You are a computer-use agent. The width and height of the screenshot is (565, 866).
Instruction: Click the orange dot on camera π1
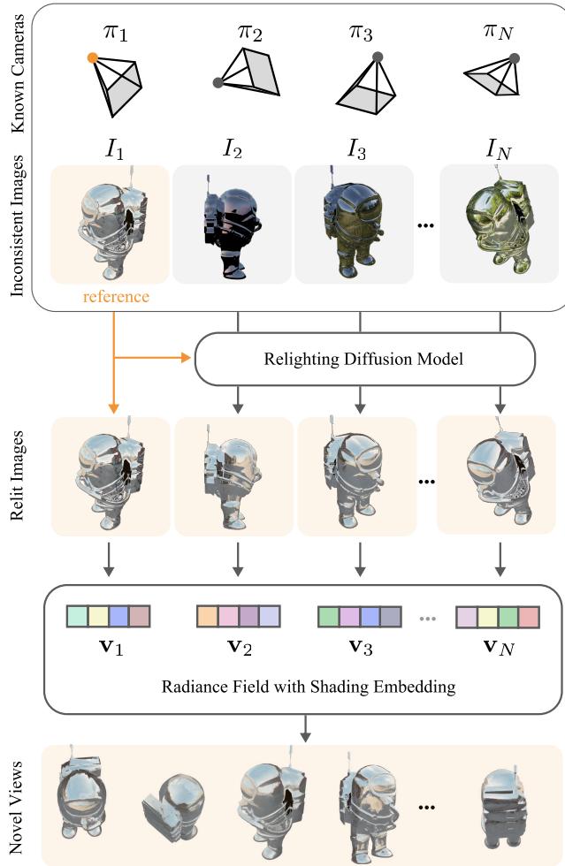[x=93, y=58]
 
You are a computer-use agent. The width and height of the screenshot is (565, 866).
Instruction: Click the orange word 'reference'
[x=116, y=296]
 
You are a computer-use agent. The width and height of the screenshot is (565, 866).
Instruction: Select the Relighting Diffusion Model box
[x=364, y=359]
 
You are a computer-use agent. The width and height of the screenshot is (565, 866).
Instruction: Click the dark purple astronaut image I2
[x=232, y=224]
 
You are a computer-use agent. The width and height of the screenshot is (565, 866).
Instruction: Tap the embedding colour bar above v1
[x=109, y=616]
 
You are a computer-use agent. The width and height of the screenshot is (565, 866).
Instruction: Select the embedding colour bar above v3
[x=359, y=616]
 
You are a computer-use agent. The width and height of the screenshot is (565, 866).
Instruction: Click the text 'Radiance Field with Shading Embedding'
[x=309, y=687]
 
